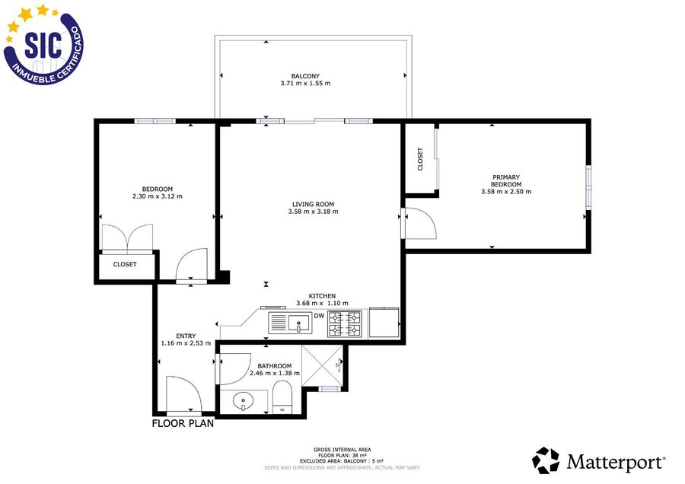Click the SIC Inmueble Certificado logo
tap(43, 44)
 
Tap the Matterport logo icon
tap(546, 460)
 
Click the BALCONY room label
tap(305, 76)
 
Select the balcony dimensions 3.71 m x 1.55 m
tap(305, 84)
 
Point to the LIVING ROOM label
tap(313, 204)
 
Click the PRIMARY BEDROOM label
tap(506, 181)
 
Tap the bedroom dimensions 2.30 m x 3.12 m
tap(158, 196)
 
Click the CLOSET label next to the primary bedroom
tap(420, 159)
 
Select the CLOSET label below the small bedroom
tap(125, 264)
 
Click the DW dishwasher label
tap(320, 316)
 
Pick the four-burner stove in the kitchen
tap(345, 323)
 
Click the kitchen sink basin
tap(299, 323)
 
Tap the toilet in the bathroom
tap(282, 396)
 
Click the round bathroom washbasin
tap(244, 400)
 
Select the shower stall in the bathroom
tap(323, 365)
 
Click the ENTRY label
tap(186, 336)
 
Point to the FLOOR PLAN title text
tap(183, 423)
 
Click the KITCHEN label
tap(322, 296)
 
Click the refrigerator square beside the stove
tap(384, 323)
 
